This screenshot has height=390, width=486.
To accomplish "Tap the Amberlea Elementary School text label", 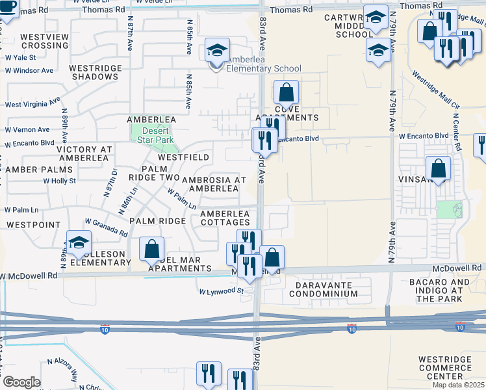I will (x=264, y=69).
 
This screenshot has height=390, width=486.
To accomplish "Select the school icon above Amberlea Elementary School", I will (x=218, y=50).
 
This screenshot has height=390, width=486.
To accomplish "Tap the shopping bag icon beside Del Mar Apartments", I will (x=151, y=249).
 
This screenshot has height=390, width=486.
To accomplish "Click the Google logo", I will (x=21, y=382).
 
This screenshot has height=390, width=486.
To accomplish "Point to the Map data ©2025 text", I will (x=459, y=385).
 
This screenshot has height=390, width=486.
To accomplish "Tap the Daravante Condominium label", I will (x=326, y=289).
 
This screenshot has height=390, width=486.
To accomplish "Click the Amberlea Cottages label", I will (x=225, y=218).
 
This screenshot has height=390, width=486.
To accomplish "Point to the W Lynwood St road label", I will (x=221, y=291).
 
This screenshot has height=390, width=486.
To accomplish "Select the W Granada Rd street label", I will (x=105, y=227).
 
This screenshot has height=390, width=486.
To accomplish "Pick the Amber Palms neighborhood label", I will (x=32, y=169).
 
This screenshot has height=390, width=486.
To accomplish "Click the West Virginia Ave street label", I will (x=32, y=103).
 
